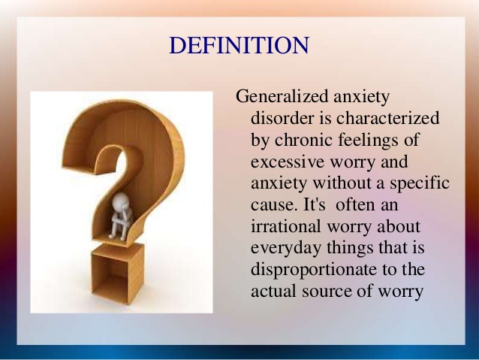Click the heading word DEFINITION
point(239,46)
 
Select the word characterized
point(387,119)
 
